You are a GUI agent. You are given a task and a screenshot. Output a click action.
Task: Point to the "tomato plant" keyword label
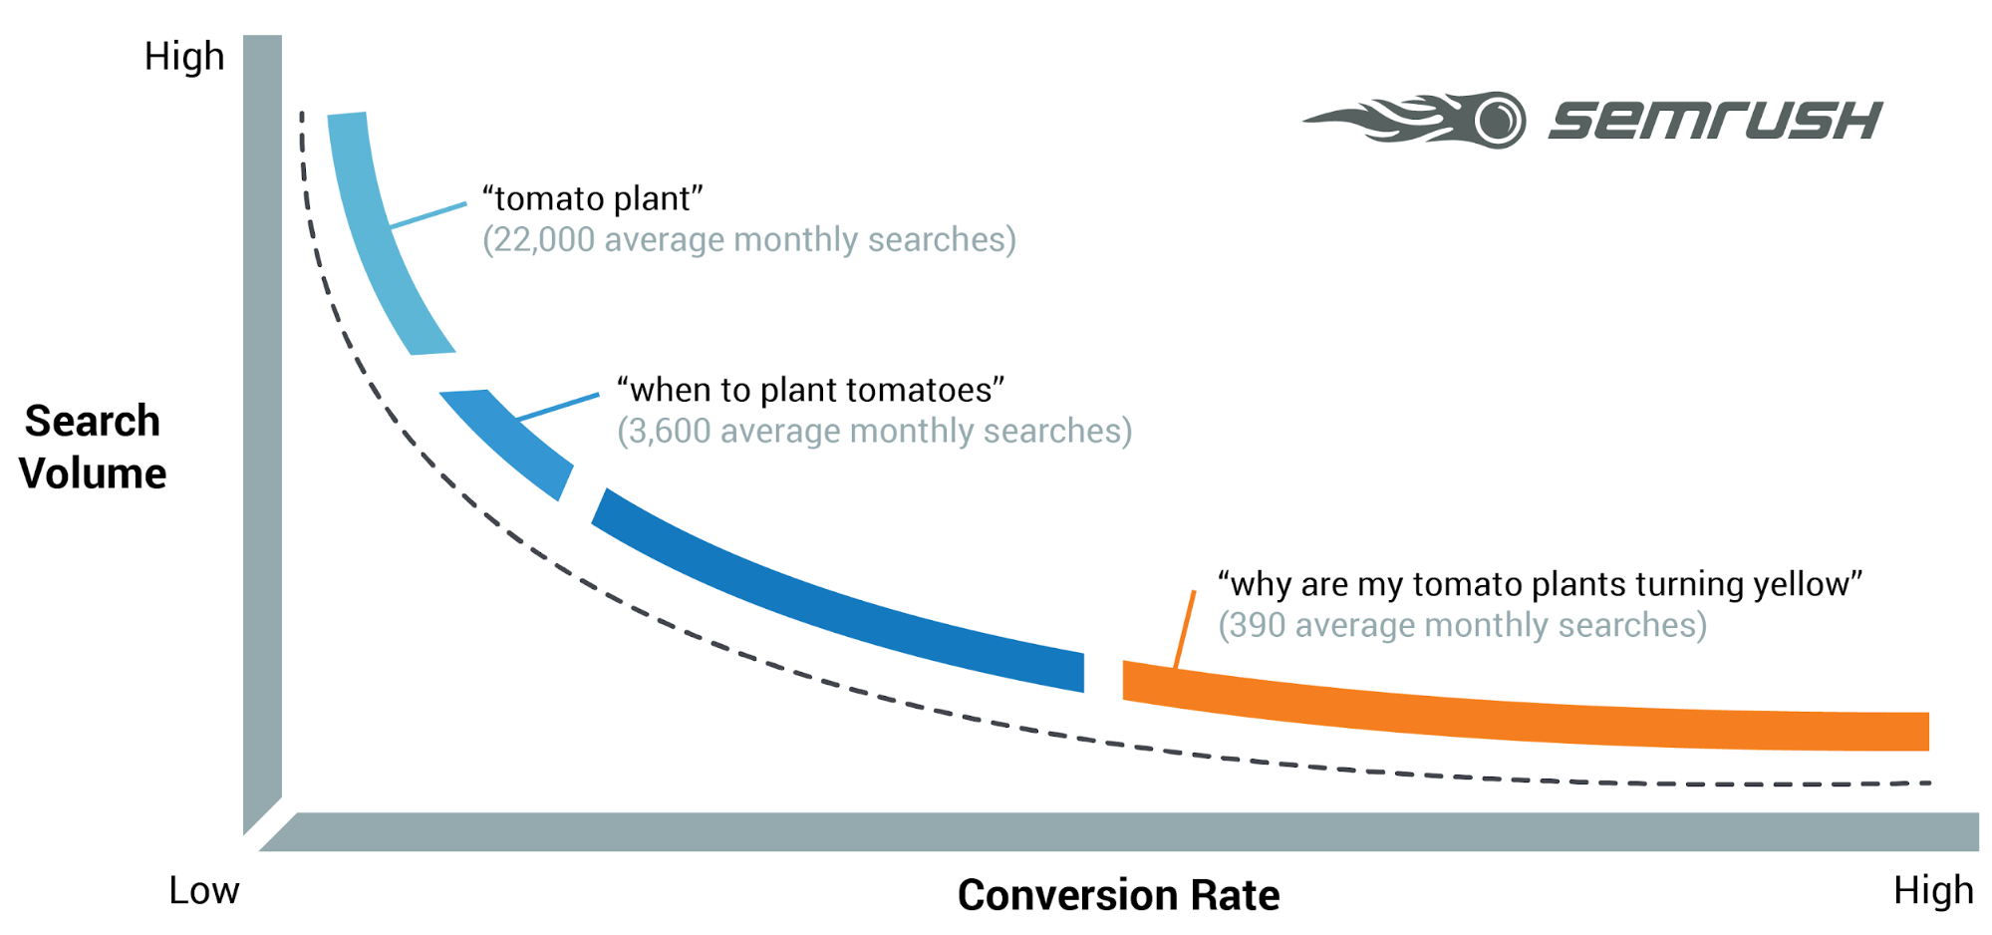tap(592, 198)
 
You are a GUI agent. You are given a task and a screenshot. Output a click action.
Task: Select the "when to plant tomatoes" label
tap(809, 390)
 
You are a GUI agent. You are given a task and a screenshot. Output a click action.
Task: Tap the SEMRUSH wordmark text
tap(1714, 121)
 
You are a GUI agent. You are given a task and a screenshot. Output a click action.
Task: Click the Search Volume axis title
tap(93, 447)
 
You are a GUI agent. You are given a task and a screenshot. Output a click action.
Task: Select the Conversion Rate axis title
tap(1118, 895)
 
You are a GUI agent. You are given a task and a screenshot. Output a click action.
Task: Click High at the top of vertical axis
tap(184, 57)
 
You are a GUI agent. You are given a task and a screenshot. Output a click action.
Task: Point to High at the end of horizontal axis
tap(1932, 890)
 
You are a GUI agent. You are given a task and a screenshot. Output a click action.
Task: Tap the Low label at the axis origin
tap(203, 890)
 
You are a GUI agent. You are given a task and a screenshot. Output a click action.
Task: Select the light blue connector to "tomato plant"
tap(428, 215)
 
